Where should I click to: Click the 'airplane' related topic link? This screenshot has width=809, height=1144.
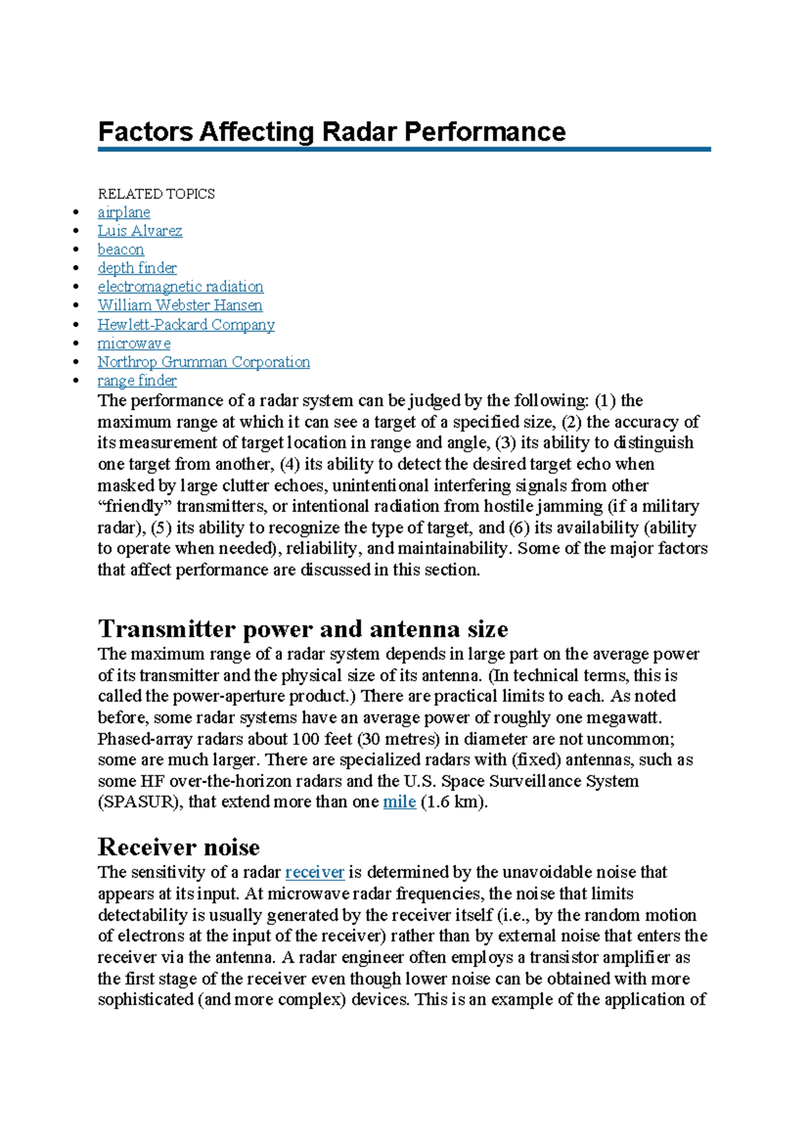[123, 212]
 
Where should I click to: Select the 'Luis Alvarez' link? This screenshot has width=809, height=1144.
[140, 231]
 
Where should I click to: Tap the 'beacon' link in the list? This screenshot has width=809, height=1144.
[121, 250]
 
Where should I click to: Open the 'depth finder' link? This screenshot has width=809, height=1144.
[137, 268]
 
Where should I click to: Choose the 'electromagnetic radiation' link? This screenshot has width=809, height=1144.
[180, 287]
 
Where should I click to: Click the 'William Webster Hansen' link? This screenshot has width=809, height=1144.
[180, 306]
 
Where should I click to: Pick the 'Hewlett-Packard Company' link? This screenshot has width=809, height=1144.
[186, 324]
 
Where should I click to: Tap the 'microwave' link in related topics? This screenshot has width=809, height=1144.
[133, 343]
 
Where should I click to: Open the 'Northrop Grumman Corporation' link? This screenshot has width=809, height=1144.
[204, 362]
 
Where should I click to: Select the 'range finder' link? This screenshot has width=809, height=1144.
[137, 381]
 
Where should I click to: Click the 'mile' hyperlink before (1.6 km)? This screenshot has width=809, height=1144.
[399, 802]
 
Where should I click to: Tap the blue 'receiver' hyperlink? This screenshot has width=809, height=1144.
[315, 872]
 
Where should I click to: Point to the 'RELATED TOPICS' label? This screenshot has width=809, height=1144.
[156, 194]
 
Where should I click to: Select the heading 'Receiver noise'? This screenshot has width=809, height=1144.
[179, 847]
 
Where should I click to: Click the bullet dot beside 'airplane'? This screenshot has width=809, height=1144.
[76, 213]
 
